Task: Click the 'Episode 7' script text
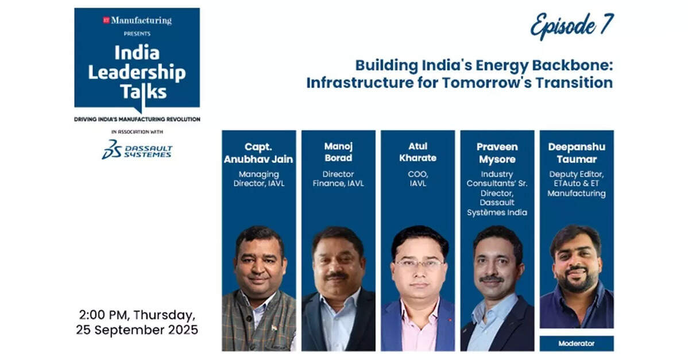click(572, 25)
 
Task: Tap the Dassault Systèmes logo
click(137, 150)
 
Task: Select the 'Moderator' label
click(576, 344)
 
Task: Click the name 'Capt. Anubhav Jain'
click(258, 153)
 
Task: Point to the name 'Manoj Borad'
click(338, 152)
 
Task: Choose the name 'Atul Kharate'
click(418, 152)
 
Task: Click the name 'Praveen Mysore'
click(497, 153)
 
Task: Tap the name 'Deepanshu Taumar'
click(577, 153)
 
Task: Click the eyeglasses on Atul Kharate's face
click(419, 264)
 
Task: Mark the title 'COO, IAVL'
click(418, 179)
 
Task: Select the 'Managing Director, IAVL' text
click(258, 179)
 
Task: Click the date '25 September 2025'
click(137, 330)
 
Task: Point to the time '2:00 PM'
click(103, 315)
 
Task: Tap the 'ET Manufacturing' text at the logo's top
click(137, 20)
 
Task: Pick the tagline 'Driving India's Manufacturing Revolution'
click(137, 119)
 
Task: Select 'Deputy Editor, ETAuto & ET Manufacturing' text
click(576, 184)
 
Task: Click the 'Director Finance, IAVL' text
click(338, 179)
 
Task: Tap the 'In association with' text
click(137, 132)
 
